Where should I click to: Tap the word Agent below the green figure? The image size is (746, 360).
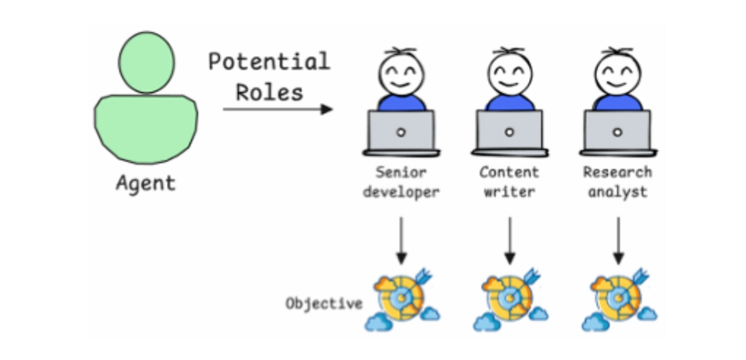146,182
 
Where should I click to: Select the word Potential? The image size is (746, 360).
269,62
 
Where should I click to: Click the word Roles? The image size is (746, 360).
269,91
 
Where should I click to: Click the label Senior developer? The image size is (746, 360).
401,182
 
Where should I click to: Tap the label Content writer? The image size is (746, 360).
509,182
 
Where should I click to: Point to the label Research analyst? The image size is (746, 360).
617,182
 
